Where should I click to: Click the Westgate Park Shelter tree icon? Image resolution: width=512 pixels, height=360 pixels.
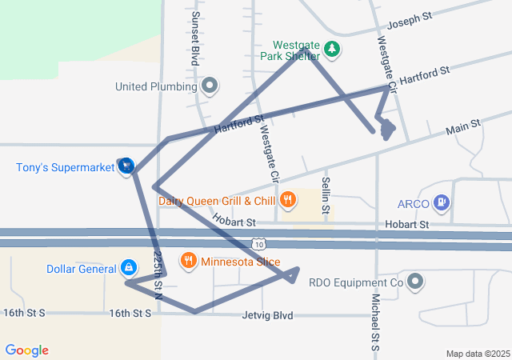(x=332, y=50)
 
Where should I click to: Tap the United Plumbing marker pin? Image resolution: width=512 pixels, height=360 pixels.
(x=210, y=85)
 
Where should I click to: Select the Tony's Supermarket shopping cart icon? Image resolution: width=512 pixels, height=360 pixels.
(x=126, y=166)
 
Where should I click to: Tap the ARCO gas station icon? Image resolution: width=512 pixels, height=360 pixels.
(x=441, y=202)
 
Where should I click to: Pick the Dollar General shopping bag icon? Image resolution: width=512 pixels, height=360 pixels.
(x=130, y=268)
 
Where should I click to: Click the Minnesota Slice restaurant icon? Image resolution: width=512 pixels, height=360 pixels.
(x=189, y=261)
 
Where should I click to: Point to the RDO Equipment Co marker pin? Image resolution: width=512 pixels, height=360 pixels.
(x=414, y=282)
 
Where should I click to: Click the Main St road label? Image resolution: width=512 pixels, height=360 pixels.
(x=462, y=127)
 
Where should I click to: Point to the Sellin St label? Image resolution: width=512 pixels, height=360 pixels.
(x=326, y=196)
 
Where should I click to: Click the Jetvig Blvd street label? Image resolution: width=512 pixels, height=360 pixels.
(x=267, y=316)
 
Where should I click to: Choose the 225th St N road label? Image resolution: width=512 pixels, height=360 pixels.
(x=158, y=274)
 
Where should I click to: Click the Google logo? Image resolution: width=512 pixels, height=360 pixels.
(x=26, y=350)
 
